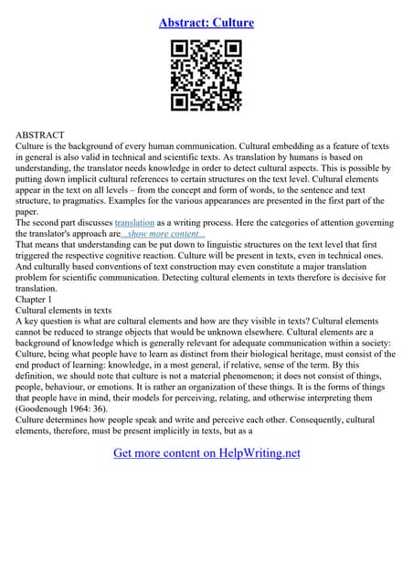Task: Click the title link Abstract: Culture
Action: (x=206, y=22)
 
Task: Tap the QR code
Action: (x=206, y=76)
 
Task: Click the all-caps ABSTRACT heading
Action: (x=41, y=133)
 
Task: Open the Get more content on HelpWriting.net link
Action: (x=206, y=452)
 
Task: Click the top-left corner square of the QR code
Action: (x=181, y=50)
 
